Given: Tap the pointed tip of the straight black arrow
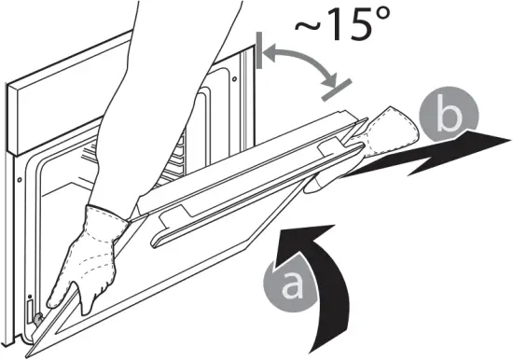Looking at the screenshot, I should pyautogui.click(x=509, y=137).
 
